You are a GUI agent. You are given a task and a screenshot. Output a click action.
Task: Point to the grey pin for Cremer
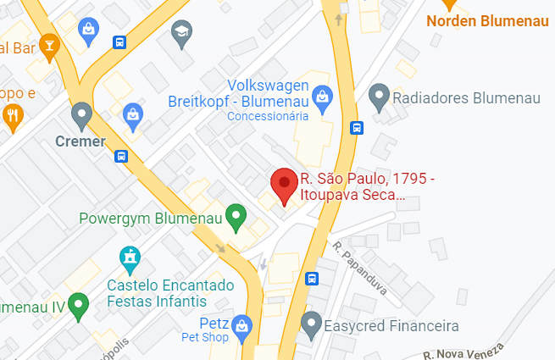[x=81, y=114]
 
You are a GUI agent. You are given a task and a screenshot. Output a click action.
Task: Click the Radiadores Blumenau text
[x=467, y=99]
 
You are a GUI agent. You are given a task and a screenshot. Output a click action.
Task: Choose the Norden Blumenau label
[x=489, y=20]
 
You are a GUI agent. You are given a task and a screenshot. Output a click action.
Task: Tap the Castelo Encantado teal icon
[x=129, y=255]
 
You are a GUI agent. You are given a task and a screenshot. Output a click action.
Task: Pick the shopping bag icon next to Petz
[x=243, y=324]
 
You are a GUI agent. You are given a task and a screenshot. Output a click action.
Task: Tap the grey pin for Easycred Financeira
[x=312, y=323]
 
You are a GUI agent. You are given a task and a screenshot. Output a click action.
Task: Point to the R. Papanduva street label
[x=360, y=268]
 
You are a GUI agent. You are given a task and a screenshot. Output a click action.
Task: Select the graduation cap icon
[x=180, y=33]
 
